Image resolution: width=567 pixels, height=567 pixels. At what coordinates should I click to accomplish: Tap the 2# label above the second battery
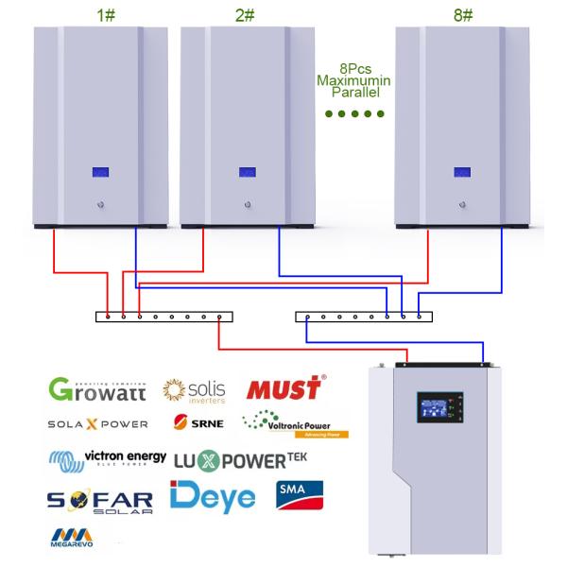246,15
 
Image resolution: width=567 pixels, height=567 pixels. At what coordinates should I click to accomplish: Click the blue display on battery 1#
100,173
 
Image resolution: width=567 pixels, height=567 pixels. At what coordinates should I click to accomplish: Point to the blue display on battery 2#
247,173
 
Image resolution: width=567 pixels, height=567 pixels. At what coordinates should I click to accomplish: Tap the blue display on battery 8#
462,173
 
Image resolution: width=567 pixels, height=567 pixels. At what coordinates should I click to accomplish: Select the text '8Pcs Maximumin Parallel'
354,82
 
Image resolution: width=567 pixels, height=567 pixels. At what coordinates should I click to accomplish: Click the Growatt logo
97,388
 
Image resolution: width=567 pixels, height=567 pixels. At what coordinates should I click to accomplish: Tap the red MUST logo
284,388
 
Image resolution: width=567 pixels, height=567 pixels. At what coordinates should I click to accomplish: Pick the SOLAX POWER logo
97,424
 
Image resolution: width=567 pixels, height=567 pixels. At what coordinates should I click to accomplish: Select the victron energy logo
107,459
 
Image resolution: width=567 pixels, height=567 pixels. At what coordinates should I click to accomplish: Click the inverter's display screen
435,408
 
